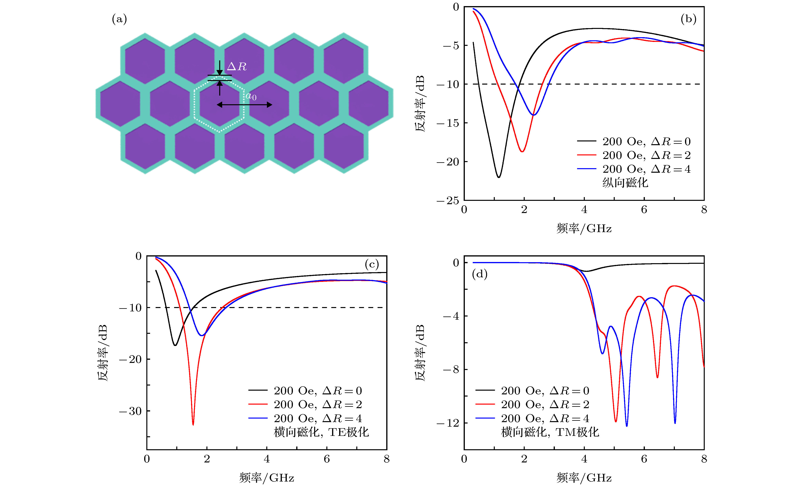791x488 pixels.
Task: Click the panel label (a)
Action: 119,19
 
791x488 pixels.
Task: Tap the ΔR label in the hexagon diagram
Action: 237,66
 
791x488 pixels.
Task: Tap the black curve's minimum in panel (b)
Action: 499,177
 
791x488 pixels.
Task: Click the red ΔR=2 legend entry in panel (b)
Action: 633,155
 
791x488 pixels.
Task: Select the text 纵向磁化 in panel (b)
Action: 625,183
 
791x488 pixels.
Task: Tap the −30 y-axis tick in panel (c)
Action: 131,411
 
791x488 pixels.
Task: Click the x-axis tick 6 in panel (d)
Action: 644,459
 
